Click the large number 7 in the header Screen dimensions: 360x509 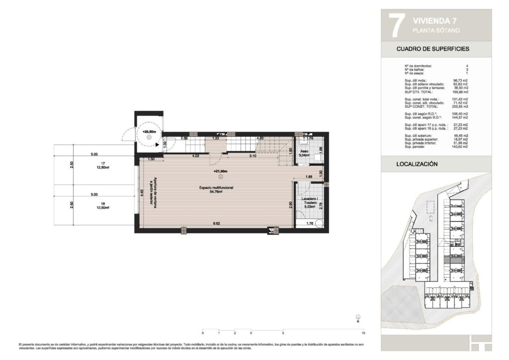coord(395,26)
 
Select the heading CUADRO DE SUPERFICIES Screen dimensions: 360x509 coord(432,49)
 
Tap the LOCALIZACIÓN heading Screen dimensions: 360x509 coord(417,163)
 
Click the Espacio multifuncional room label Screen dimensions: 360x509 coord(217,188)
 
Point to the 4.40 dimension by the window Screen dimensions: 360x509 coord(142,193)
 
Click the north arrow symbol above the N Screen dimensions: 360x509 coord(358,316)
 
